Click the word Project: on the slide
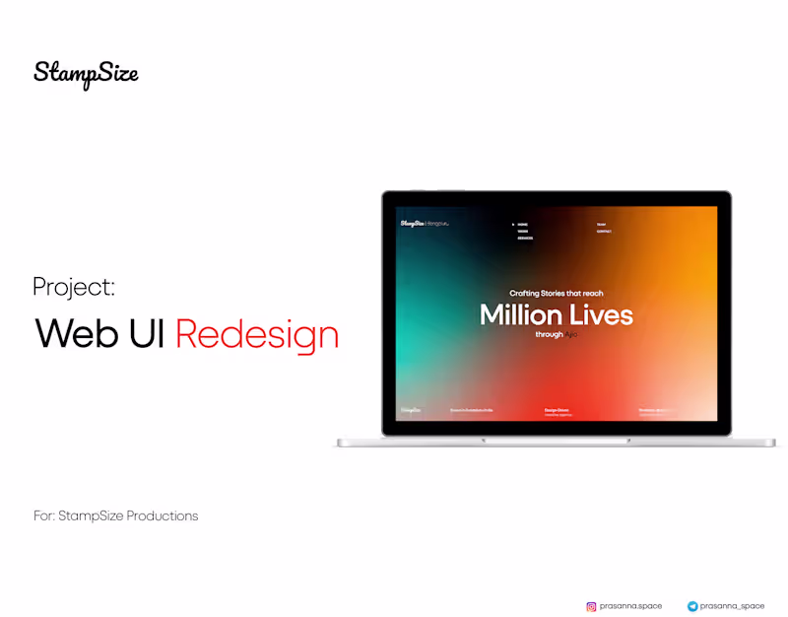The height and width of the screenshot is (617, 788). pos(74,287)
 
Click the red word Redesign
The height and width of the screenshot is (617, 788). pos(257,335)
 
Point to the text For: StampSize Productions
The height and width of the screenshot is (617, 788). pos(115,515)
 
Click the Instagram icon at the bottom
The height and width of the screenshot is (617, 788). pos(591,606)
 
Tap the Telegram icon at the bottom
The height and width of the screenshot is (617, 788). pos(692,606)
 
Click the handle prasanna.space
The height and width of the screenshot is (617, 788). pos(630,606)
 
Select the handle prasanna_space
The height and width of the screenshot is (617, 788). pos(732,606)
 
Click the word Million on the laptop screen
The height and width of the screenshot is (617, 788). pos(519,315)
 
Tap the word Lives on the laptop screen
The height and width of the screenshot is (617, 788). pos(599,315)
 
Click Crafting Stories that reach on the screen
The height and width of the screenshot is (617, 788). pos(556,293)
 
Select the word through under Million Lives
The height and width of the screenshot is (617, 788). pos(549,335)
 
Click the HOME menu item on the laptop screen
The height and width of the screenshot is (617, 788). pos(522,225)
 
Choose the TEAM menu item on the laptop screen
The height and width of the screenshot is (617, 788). pos(601,225)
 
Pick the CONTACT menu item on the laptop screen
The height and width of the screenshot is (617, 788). pos(604,232)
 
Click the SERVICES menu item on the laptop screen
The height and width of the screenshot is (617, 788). pos(525,238)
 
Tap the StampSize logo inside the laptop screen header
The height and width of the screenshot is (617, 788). pos(412,224)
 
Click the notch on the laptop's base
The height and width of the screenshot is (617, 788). pos(557,440)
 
